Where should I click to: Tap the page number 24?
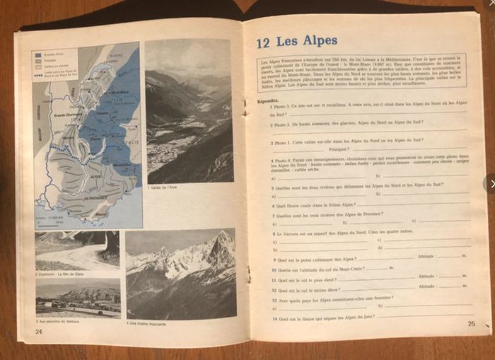(x=39, y=330)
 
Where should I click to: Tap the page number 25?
(x=471, y=324)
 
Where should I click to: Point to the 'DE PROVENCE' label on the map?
(x=96, y=199)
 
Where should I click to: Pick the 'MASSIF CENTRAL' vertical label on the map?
(x=39, y=124)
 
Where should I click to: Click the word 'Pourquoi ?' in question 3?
(x=339, y=149)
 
